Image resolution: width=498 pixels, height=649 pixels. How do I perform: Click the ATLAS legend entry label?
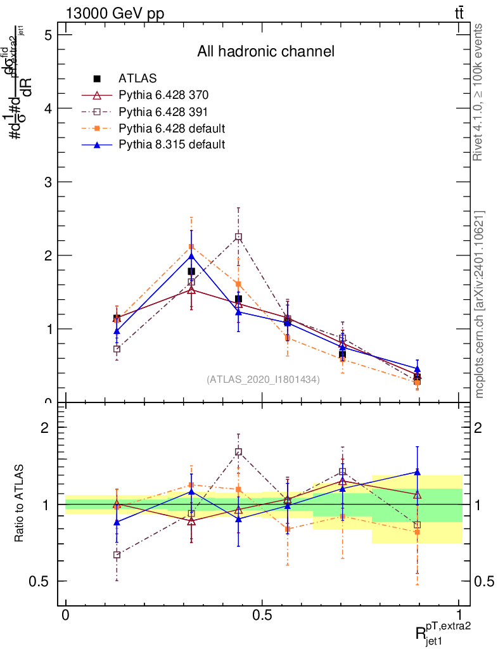(137, 79)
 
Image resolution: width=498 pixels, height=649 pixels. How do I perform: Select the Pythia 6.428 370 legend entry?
(163, 95)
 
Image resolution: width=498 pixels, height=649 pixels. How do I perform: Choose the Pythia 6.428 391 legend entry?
(163, 112)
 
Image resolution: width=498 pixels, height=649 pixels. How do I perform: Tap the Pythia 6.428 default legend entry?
(172, 128)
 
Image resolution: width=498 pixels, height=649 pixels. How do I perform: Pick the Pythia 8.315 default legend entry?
(172, 145)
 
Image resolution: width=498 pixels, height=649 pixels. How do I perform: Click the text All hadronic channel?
(265, 51)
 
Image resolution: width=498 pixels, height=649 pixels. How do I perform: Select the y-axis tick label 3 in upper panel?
(48, 182)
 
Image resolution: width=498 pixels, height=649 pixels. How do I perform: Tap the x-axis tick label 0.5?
(262, 615)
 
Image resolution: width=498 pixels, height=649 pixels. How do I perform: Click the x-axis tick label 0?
(65, 615)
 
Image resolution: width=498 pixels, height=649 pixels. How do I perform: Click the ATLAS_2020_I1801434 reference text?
(263, 379)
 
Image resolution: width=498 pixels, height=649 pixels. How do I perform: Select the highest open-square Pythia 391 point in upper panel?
(238, 237)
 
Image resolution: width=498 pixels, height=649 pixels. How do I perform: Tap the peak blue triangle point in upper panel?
(191, 255)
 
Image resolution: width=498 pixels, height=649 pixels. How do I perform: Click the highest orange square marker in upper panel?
(191, 247)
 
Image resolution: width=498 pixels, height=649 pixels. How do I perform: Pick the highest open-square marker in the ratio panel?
(238, 452)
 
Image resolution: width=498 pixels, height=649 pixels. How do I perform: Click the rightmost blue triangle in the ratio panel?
(417, 472)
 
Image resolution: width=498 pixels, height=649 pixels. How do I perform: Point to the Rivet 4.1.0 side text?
(479, 92)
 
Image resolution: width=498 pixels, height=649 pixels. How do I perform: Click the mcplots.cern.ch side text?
(479, 304)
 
